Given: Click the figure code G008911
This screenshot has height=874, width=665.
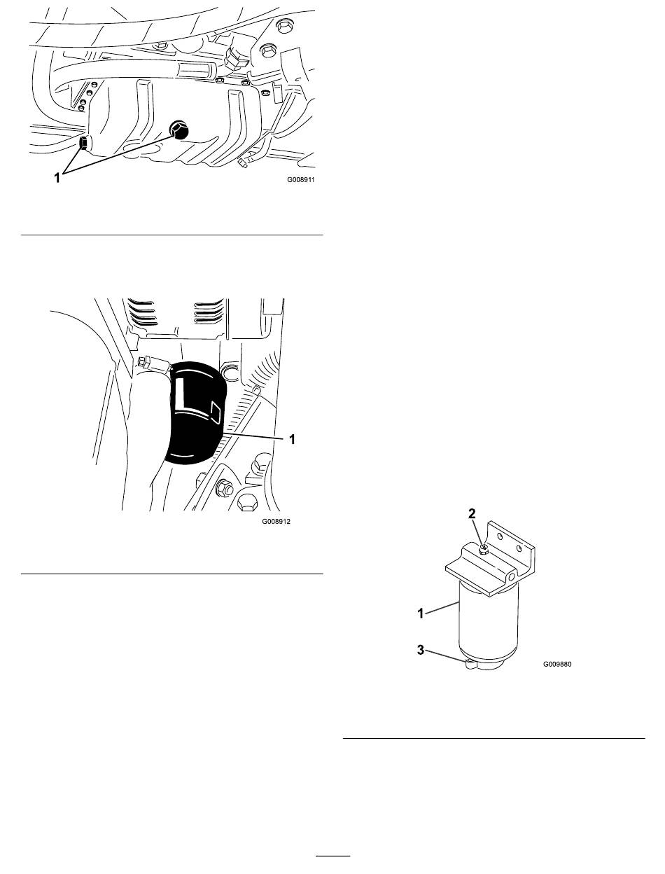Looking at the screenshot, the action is pos(300,179).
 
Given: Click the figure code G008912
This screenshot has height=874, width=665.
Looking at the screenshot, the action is pos(276,521).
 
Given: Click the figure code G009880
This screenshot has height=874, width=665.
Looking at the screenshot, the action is pos(557,664).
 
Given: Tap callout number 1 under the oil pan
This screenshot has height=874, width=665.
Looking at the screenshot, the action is pos(57,178).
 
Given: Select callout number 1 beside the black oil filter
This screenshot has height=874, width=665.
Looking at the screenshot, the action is pos(292,440).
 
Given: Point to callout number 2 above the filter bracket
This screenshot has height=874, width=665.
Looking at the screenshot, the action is pos(472,513).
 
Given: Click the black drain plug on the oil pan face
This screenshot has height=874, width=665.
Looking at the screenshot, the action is pos(178,130).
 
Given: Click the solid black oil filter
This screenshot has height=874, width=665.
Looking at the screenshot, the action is pos(195,412).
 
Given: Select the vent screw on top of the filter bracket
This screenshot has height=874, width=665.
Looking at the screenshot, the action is pos(484,550).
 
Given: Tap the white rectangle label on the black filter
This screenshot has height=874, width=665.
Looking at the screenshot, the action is pos(216,412).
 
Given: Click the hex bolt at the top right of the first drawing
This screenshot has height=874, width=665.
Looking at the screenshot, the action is pos(283,27).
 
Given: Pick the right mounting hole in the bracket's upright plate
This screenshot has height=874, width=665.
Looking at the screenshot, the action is pos(519,548).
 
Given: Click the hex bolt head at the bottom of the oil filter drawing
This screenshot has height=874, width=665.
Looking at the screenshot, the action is pos(246,503).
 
